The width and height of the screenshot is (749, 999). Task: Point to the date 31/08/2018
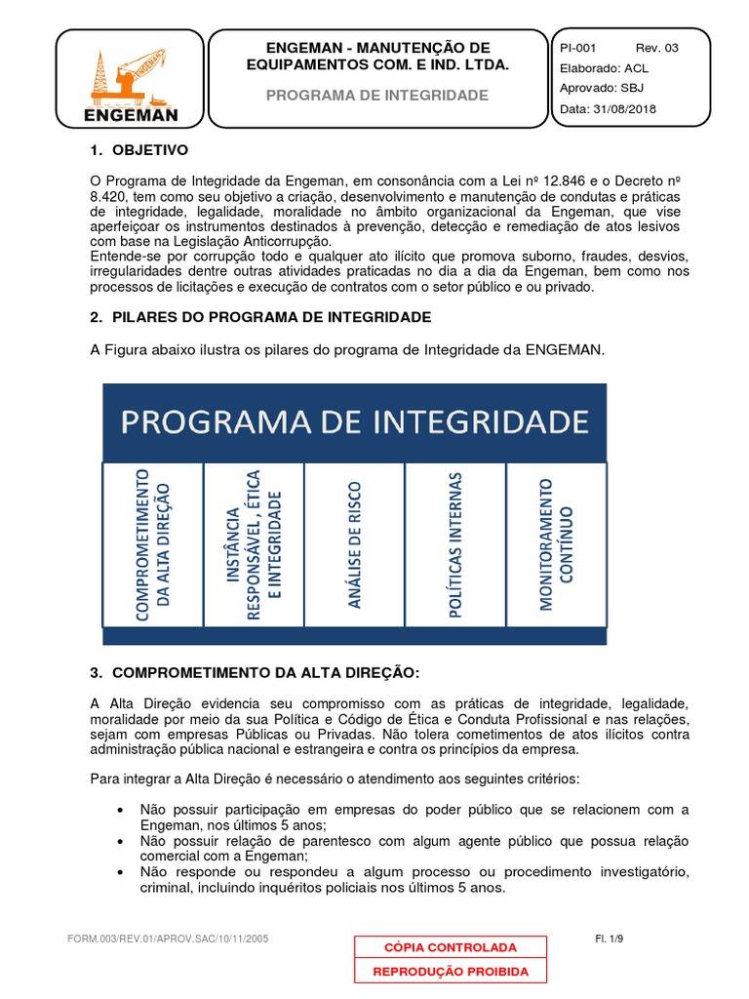click(x=623, y=109)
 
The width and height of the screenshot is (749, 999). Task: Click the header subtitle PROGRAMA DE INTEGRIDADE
click(x=377, y=96)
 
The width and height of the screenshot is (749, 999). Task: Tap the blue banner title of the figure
click(x=354, y=421)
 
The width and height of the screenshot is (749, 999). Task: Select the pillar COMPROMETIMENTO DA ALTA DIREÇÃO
click(x=153, y=543)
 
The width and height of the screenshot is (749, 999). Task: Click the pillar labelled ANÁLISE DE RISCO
click(x=354, y=543)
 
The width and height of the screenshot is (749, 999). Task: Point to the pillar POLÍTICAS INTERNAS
click(x=454, y=543)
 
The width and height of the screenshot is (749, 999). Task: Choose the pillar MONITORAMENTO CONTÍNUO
click(x=556, y=543)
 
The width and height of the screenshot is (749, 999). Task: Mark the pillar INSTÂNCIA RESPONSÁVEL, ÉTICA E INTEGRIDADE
click(x=254, y=543)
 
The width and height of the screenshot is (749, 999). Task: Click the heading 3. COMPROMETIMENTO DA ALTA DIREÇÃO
click(x=254, y=673)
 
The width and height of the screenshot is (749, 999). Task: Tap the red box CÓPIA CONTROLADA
click(x=451, y=947)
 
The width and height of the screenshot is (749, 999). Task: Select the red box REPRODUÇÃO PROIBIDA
click(x=451, y=971)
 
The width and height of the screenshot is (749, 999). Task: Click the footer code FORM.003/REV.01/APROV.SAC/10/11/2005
click(x=168, y=939)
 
